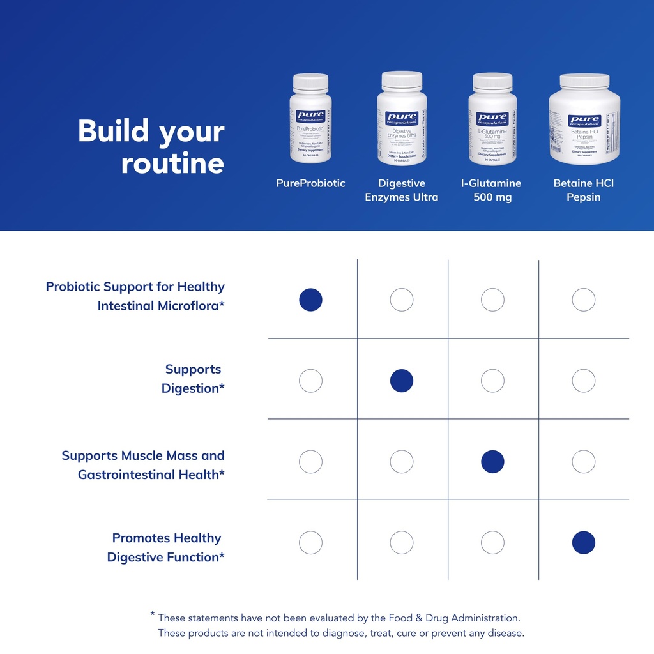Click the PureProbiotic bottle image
(310, 121)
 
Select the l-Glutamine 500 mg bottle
(492, 121)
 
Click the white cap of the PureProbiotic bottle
(310, 82)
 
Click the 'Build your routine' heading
(151, 147)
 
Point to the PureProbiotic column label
(310, 183)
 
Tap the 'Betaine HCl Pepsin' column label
(584, 190)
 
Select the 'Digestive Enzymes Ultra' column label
(402, 190)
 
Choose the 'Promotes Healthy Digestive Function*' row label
(166, 548)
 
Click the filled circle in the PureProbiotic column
(310, 300)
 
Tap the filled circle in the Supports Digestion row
(402, 381)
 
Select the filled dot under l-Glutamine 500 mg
(492, 462)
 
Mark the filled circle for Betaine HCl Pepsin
(584, 543)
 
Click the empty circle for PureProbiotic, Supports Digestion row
(310, 381)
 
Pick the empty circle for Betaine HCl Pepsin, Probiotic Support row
(584, 300)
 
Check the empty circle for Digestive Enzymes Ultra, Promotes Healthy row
(402, 543)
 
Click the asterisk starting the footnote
(153, 614)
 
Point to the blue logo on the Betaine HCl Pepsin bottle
(584, 120)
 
